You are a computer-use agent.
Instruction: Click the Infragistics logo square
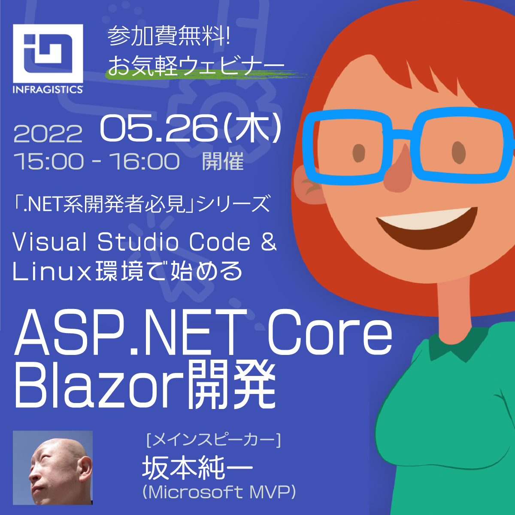point(48,54)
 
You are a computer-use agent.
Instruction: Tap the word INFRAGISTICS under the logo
point(48,89)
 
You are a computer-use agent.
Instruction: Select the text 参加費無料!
point(169,36)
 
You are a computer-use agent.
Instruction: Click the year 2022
point(48,134)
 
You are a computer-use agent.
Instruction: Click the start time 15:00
point(48,162)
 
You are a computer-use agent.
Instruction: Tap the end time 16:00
point(144,162)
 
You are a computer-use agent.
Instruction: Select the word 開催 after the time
point(223,162)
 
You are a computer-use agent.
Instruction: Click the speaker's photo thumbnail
point(53,467)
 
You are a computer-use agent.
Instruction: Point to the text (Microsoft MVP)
point(219,492)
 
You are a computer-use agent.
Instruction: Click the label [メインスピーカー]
point(213,440)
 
